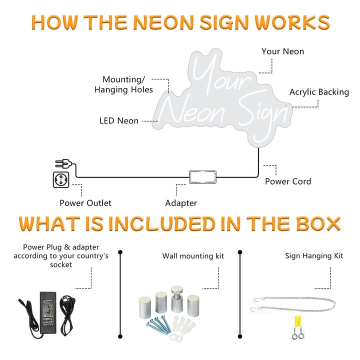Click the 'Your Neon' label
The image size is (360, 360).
click(x=282, y=51)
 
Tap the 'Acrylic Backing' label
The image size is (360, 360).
click(x=319, y=92)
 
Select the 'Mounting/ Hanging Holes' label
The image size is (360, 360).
click(x=124, y=84)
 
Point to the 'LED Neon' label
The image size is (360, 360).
click(x=119, y=120)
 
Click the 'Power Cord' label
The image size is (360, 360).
click(x=288, y=181)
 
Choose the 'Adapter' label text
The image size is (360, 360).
click(x=181, y=203)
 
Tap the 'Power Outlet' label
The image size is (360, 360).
click(x=85, y=202)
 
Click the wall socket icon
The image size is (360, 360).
click(x=60, y=180)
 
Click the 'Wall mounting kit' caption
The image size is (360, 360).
click(x=193, y=256)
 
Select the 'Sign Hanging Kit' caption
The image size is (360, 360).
click(x=314, y=256)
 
